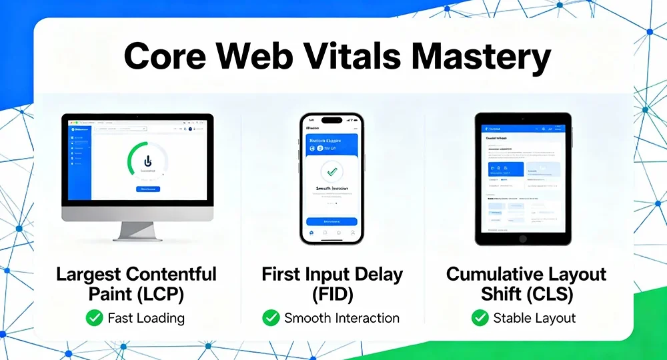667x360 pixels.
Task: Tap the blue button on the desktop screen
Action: tap(147, 189)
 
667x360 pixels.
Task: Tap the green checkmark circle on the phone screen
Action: tap(331, 171)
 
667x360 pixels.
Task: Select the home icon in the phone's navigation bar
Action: tap(311, 233)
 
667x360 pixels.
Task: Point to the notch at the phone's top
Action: tap(331, 120)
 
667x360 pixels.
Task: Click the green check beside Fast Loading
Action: tap(95, 318)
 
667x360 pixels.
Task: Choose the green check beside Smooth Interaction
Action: tap(271, 318)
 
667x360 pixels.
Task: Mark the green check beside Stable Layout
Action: tap(480, 318)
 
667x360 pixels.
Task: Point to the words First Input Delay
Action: tap(331, 274)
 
